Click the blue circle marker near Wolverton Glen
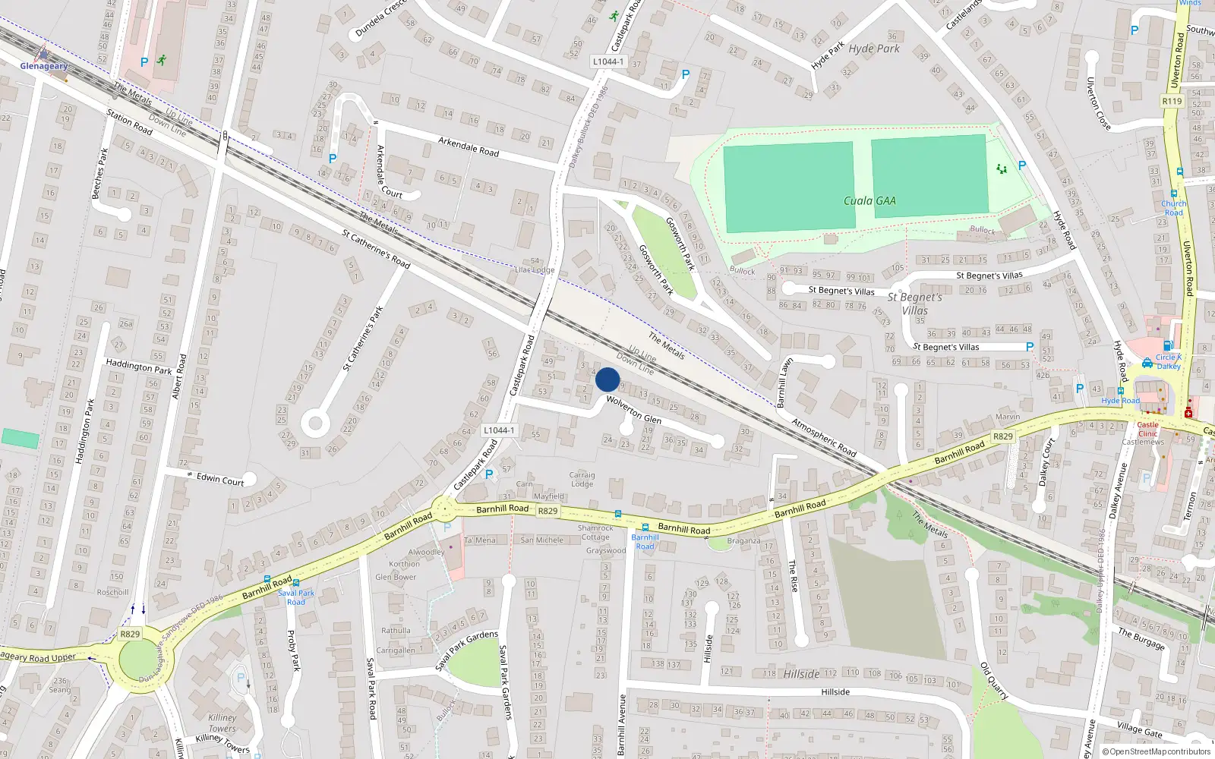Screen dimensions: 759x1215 coord(607,379)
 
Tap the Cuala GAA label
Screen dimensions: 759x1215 coord(869,201)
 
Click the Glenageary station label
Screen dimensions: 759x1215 coord(43,66)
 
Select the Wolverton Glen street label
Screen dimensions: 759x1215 coord(633,410)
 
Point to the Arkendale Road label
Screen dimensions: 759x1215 coord(469,146)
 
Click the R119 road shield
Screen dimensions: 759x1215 coord(1172,101)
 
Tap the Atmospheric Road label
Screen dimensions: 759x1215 coord(823,437)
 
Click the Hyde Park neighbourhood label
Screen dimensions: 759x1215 coord(873,49)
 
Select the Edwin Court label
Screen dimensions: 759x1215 coord(220,479)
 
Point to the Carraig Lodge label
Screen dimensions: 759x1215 coord(582,479)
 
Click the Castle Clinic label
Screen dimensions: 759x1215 coord(1147,429)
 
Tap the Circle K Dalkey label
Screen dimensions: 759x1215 coord(1168,361)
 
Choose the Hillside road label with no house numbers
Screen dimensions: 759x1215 coord(835,691)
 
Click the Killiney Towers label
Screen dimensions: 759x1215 coord(222,723)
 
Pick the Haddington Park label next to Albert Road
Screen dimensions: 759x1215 coord(139,367)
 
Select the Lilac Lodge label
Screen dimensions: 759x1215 coord(535,269)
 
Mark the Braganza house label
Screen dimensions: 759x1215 coord(743,541)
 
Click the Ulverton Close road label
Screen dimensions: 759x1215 coord(1098,103)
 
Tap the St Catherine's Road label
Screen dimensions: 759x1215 coord(375,249)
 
